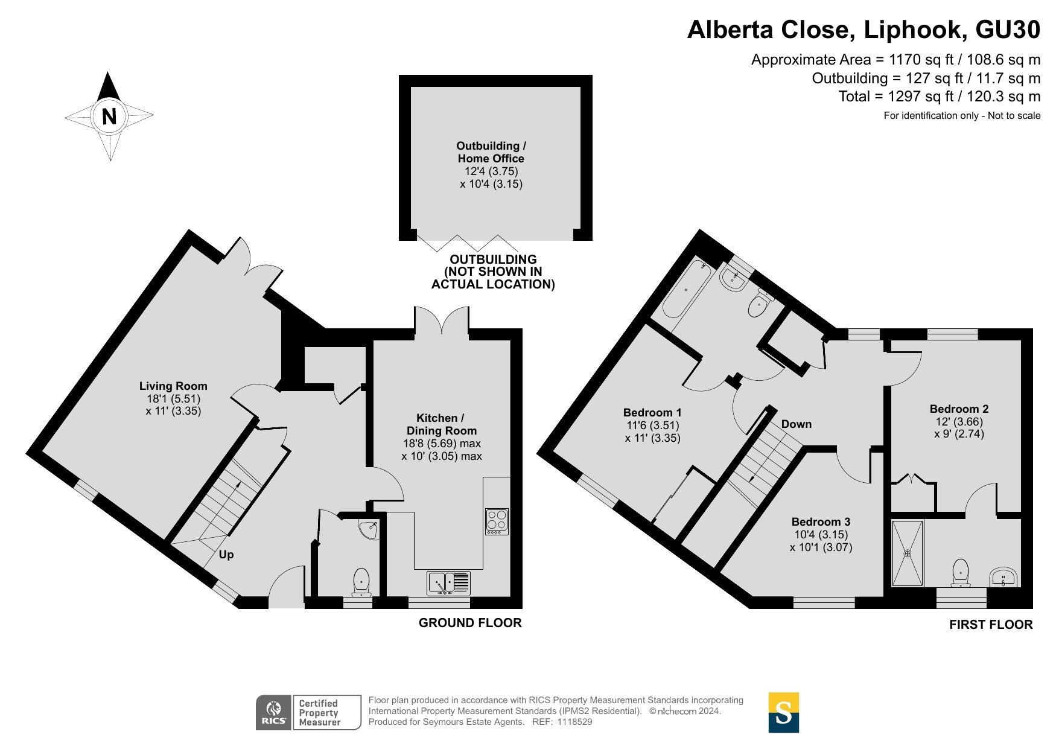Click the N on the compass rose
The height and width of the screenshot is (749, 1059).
(x=109, y=116)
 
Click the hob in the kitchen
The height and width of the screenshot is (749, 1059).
(x=497, y=522)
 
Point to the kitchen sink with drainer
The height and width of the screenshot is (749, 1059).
(x=449, y=582)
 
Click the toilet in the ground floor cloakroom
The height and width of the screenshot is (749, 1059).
(x=361, y=581)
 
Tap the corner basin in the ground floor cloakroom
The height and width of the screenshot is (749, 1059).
(x=368, y=529)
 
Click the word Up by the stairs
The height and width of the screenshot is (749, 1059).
(x=226, y=555)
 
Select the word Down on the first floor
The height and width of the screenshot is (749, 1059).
(x=797, y=424)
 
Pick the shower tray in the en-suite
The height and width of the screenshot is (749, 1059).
(x=907, y=553)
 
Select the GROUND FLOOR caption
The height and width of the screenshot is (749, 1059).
(x=470, y=623)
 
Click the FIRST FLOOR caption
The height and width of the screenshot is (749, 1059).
(x=991, y=625)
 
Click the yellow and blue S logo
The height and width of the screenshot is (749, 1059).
(x=783, y=713)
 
